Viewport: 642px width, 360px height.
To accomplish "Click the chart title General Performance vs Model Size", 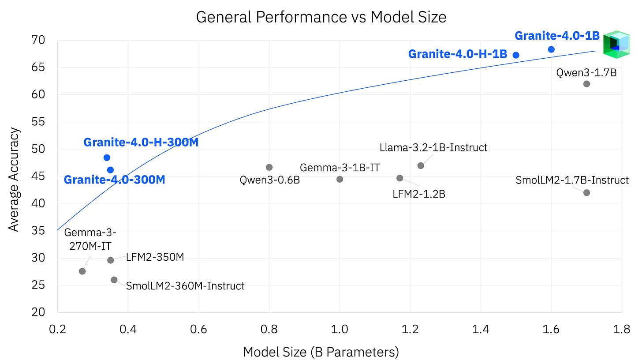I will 321,17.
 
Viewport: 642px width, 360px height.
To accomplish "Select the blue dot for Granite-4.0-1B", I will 551,49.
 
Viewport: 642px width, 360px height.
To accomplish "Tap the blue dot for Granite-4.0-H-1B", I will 516,55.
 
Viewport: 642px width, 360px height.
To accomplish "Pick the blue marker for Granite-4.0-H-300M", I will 107,157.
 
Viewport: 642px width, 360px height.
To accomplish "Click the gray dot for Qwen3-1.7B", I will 586,84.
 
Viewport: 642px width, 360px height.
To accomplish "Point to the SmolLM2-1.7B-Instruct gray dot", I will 586,192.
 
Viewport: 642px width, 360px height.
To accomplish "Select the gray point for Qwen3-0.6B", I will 269,167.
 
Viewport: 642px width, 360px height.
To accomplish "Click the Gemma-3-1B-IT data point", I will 340,179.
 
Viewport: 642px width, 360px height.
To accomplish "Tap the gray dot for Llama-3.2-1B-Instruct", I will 421,165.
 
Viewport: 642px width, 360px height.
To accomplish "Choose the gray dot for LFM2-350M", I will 111,260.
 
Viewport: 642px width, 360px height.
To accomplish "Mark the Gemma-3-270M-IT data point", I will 82,271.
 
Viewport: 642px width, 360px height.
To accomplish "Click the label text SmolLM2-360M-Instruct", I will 185,286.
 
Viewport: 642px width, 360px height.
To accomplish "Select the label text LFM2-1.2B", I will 418,194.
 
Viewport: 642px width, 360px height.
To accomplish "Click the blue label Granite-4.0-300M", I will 115,180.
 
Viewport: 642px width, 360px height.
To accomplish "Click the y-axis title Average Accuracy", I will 15,179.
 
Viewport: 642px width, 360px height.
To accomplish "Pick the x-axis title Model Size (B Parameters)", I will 321,352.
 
